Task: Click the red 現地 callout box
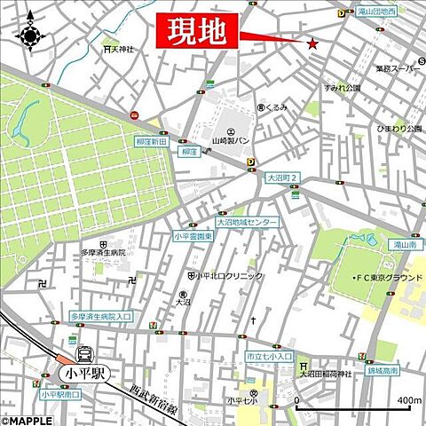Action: click(199, 31)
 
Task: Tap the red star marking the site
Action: click(312, 43)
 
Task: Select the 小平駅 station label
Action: click(84, 373)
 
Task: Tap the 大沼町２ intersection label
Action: click(282, 177)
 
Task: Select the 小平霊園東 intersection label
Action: click(193, 236)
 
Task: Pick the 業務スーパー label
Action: click(395, 68)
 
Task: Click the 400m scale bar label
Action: click(409, 400)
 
